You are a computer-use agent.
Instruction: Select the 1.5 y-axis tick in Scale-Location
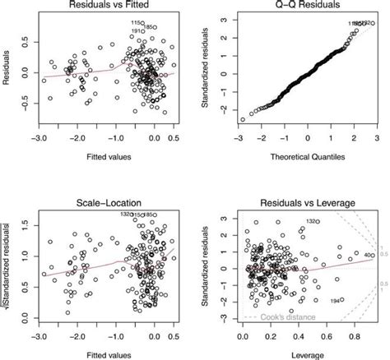26,222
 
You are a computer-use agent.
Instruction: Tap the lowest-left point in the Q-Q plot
243,120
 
